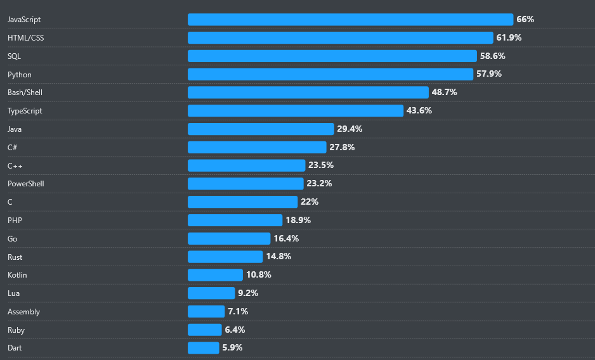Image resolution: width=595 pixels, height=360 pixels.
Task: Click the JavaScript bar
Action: [x=350, y=20]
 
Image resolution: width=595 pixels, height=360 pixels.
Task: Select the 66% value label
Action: [x=525, y=20]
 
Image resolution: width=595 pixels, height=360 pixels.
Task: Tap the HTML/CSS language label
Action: [x=26, y=38]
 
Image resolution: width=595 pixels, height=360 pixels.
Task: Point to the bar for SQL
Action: [x=332, y=56]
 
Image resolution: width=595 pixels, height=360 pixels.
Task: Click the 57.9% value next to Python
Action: [x=489, y=74]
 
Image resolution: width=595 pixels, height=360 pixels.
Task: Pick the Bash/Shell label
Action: [x=25, y=93]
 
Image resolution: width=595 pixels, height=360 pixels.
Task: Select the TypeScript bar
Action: [x=296, y=111]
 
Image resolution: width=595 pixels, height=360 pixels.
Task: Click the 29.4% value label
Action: [x=350, y=129]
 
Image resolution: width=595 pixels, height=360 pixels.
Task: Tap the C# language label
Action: [x=13, y=147]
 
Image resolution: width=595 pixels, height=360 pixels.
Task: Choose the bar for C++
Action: [x=247, y=165]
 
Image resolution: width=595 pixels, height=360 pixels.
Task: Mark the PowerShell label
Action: [x=26, y=184]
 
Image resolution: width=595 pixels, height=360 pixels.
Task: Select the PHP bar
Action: [x=235, y=220]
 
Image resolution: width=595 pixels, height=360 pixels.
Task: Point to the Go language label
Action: [x=13, y=238]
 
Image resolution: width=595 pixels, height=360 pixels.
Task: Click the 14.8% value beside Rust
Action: [x=278, y=257]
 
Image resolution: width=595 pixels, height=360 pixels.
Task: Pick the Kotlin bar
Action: [x=215, y=275]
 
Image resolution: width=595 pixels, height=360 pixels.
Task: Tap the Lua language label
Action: [x=13, y=293]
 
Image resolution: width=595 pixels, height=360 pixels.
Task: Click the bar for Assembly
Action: [x=206, y=311]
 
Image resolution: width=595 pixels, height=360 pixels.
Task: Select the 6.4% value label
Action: [x=234, y=330]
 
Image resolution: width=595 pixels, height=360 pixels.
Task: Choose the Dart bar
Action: [x=203, y=348]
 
